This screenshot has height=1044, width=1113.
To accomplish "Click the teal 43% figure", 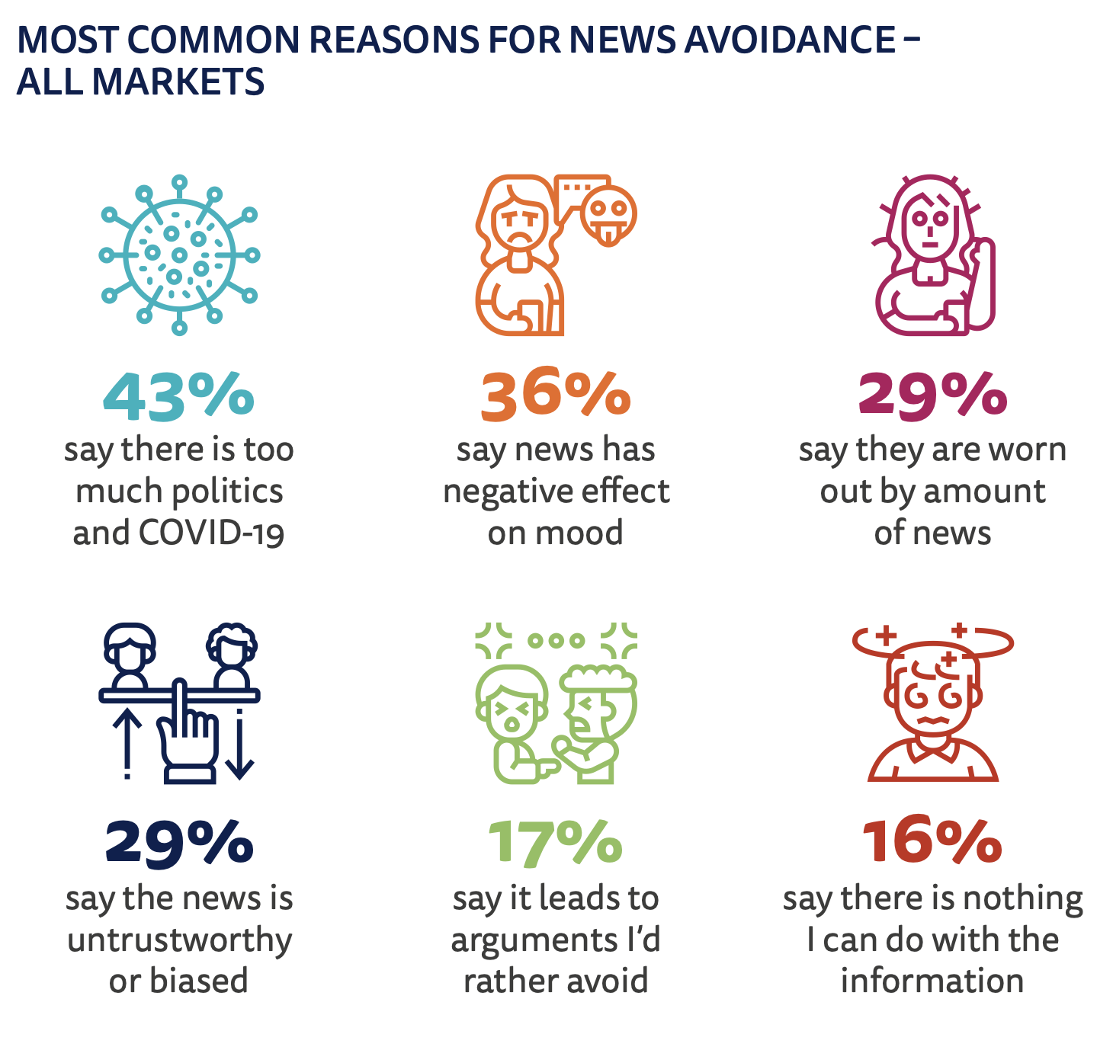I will point(178,396).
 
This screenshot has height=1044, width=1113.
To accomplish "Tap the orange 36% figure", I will point(555,396).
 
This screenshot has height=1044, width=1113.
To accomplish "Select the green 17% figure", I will point(555,843).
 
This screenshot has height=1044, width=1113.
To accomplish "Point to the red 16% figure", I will point(932,843).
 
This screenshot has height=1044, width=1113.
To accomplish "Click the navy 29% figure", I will point(178,843).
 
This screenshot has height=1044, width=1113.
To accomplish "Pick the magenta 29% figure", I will point(932,396).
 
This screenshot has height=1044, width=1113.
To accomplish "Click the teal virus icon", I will point(179,255).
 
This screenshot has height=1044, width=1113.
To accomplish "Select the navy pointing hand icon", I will point(187,735).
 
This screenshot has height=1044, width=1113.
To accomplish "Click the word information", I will point(932,981).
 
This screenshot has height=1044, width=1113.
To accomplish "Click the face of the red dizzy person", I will point(932,701).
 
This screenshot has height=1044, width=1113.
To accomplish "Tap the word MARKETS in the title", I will point(178,82).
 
